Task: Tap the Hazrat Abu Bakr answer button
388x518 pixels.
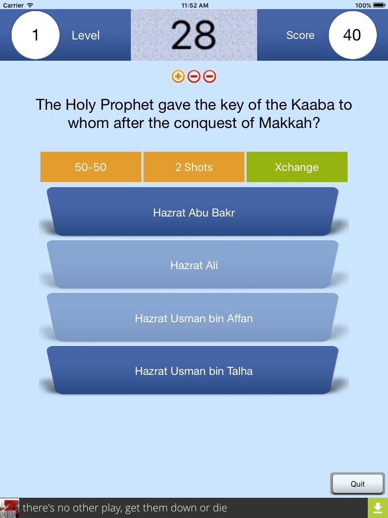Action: [x=194, y=211]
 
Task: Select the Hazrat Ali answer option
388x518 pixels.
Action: [x=194, y=264]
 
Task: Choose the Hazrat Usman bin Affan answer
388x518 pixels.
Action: [x=194, y=317]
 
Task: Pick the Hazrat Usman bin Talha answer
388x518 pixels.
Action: [x=194, y=370]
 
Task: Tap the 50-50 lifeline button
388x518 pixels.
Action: [x=91, y=167]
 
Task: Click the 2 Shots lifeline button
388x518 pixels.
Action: [x=194, y=167]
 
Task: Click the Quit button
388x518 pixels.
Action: [x=358, y=484]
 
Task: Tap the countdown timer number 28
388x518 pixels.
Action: [x=193, y=35]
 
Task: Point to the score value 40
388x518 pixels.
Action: [x=352, y=35]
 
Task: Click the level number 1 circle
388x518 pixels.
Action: [x=36, y=35]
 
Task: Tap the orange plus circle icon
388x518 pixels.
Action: [x=178, y=77]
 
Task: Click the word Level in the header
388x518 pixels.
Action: [x=86, y=35]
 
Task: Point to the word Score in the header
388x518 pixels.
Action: [x=300, y=35]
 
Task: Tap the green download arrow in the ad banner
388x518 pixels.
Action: [x=378, y=508]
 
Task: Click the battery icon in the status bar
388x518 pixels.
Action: [x=379, y=5]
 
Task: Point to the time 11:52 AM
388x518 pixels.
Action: [x=195, y=5]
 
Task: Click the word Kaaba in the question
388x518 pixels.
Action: [x=313, y=105]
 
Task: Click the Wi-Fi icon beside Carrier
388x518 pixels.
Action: [x=30, y=5]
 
